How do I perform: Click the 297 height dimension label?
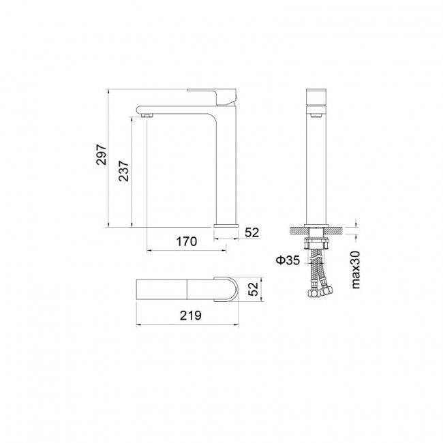(x=101, y=154)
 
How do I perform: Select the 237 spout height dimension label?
(x=124, y=171)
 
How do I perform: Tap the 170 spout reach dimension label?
(x=187, y=241)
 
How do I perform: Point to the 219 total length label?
(x=191, y=316)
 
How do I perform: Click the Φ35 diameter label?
(x=288, y=260)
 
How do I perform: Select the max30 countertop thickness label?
(x=356, y=269)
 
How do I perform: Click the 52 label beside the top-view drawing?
(x=253, y=289)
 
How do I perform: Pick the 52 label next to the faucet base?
(x=251, y=232)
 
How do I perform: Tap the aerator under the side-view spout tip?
(x=147, y=115)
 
